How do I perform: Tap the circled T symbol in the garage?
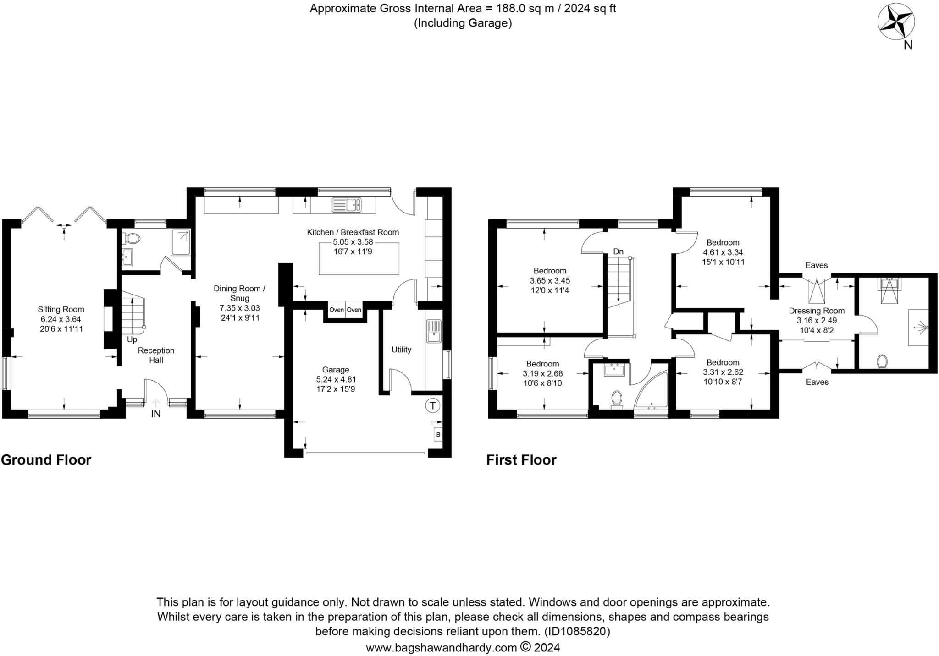pyautogui.click(x=432, y=405)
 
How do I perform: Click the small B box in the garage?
pyautogui.click(x=438, y=434)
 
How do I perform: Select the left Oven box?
pyautogui.click(x=337, y=310)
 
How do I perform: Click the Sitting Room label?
pyautogui.click(x=61, y=310)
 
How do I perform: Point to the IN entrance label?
pyautogui.click(x=156, y=414)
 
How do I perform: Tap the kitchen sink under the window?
pyautogui.click(x=347, y=205)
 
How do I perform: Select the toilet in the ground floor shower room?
pyautogui.click(x=133, y=238)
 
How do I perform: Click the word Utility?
pyautogui.click(x=401, y=350)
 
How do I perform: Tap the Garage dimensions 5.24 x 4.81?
pyautogui.click(x=336, y=379)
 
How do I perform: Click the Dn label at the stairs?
pyautogui.click(x=618, y=251)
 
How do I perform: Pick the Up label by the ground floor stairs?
pyautogui.click(x=132, y=339)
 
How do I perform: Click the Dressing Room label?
pyautogui.click(x=816, y=311)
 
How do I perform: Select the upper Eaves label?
pyautogui.click(x=816, y=265)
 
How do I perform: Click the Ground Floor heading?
pyautogui.click(x=46, y=460)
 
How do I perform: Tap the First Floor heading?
pyautogui.click(x=521, y=460)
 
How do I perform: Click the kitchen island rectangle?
pyautogui.click(x=359, y=259)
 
